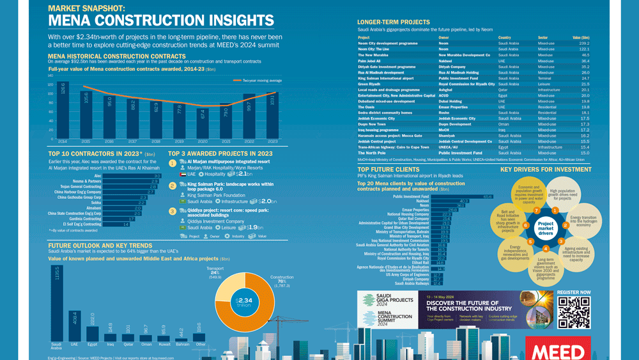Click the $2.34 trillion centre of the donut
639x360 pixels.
244,302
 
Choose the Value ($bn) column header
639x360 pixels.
580,38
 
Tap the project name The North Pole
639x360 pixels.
372,153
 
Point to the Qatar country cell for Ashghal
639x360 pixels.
504,90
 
